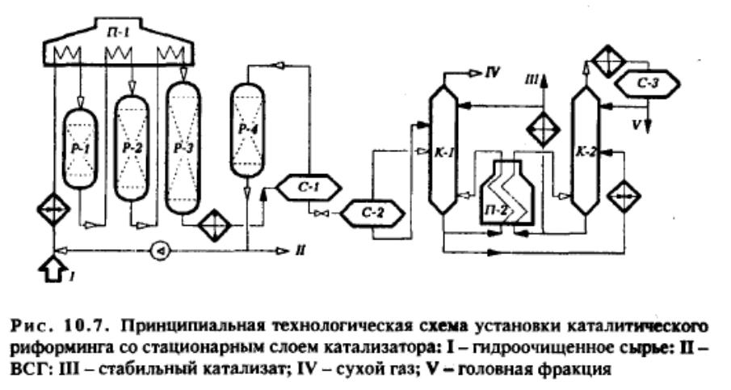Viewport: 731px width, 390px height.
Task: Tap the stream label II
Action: coord(300,252)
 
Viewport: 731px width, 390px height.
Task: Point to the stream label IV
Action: coord(492,74)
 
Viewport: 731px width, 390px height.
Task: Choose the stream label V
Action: coord(636,125)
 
